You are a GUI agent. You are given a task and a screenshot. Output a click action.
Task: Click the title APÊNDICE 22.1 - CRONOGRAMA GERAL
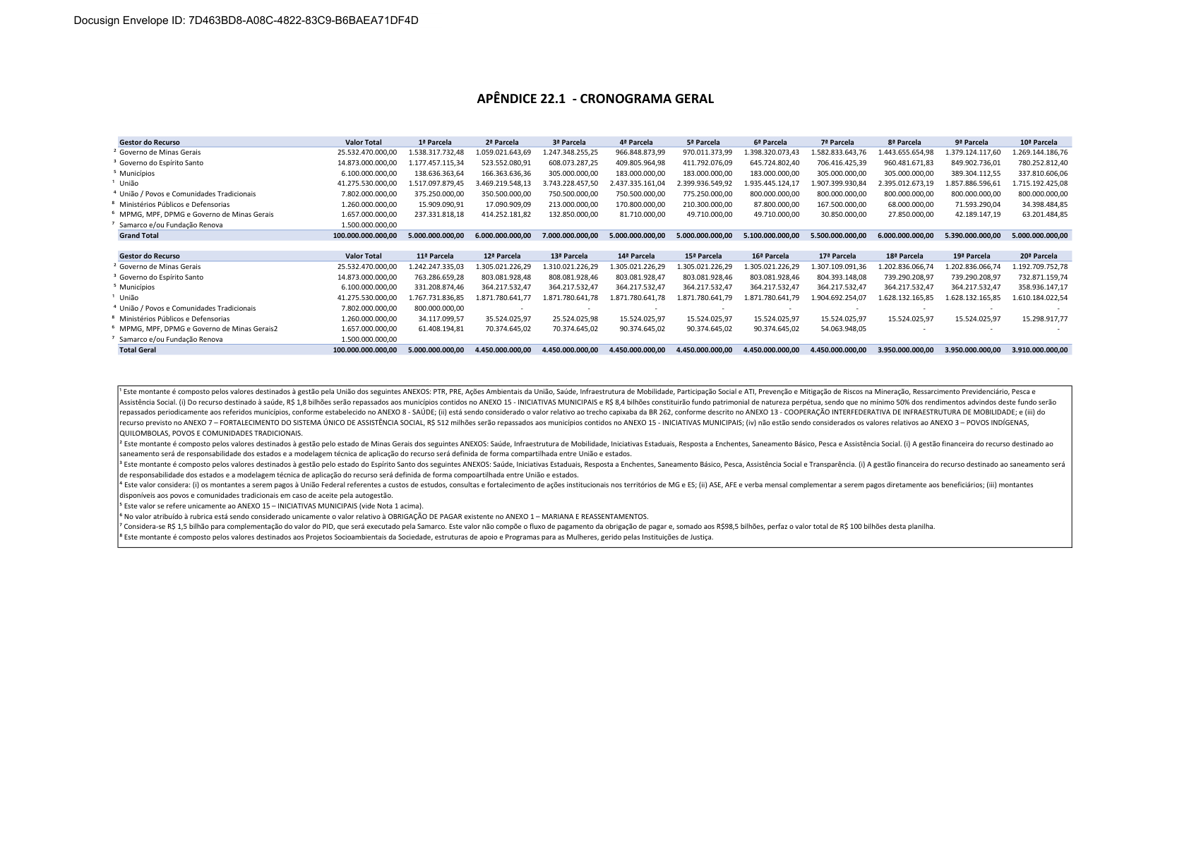[x=594, y=99]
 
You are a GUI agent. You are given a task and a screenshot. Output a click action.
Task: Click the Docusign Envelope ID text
[x=246, y=20]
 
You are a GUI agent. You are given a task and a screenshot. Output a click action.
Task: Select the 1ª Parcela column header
[x=435, y=142]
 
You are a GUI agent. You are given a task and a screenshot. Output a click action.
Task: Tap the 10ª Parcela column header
[x=1039, y=142]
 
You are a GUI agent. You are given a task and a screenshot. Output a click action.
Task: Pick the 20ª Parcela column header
[x=1039, y=256]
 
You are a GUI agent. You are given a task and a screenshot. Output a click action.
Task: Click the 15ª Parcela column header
[x=703, y=256]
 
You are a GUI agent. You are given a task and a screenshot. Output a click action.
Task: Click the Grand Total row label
[x=139, y=235]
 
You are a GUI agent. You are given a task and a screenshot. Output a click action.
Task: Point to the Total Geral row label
[x=138, y=350]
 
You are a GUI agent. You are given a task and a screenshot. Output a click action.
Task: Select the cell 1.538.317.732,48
[x=436, y=153]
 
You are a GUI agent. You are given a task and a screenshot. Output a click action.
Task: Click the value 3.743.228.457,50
[x=570, y=184]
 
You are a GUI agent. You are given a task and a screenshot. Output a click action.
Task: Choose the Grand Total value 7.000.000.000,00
[x=570, y=235]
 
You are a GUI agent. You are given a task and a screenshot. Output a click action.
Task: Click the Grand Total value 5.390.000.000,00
[x=972, y=235]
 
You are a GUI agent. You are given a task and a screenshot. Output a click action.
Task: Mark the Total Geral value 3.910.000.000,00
[x=1039, y=350]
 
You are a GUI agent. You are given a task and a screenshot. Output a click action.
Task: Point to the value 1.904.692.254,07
[x=838, y=298]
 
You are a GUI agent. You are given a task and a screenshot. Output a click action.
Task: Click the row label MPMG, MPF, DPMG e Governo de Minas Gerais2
[x=198, y=329]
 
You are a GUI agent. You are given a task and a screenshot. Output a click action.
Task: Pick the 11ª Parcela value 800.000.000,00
[x=439, y=308]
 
